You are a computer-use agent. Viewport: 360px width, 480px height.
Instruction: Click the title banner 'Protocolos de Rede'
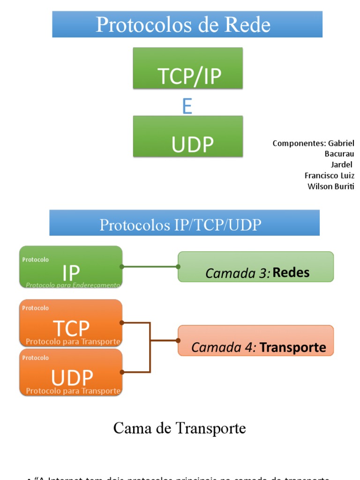(x=187, y=24)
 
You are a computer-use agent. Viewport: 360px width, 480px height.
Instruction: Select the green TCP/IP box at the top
(x=188, y=68)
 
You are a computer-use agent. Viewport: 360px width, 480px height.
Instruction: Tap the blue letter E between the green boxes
(x=187, y=107)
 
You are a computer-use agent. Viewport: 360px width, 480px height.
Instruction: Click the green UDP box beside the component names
(x=188, y=136)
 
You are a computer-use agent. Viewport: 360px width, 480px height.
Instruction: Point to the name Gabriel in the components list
(x=341, y=143)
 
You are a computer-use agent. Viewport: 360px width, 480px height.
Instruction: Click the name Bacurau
(x=339, y=154)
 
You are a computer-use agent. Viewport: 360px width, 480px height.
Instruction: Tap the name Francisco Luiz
(x=329, y=176)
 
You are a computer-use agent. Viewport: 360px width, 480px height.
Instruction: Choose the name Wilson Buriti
(x=331, y=187)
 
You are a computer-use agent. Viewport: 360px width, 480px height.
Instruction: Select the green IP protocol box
(x=71, y=267)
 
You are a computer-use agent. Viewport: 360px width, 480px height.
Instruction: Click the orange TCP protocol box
(x=71, y=323)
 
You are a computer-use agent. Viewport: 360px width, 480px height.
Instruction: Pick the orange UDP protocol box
(x=71, y=372)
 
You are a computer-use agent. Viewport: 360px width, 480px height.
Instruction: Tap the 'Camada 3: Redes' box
(x=255, y=267)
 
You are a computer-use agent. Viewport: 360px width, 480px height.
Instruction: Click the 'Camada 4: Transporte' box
(x=255, y=341)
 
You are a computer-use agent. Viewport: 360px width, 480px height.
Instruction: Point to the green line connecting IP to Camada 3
(x=150, y=267)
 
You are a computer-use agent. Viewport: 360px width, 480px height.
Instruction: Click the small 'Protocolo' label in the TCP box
(x=35, y=308)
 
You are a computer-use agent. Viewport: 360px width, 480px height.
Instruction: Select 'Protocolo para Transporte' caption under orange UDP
(x=73, y=391)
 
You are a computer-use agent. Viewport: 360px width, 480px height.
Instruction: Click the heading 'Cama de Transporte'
(x=180, y=428)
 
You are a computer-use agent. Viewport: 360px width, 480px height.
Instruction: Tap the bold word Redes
(x=291, y=273)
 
